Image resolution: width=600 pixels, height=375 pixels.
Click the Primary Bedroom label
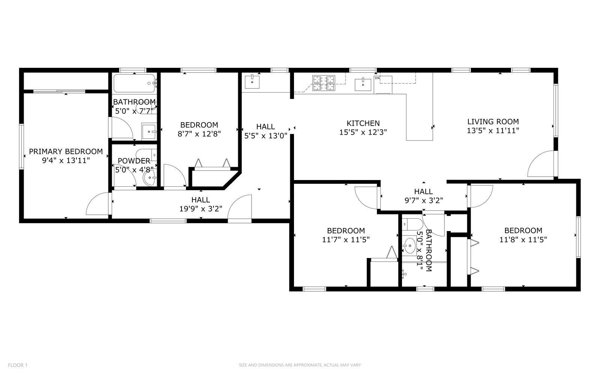point(66,151)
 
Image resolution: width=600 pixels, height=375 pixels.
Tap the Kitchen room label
point(363,123)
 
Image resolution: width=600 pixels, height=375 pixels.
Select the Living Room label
point(493,121)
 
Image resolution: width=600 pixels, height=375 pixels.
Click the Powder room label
point(134,161)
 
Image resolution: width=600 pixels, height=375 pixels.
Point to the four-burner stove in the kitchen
point(324,83)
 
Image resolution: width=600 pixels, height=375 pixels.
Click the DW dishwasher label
point(377,78)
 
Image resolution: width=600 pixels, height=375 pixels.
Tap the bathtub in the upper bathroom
point(135,83)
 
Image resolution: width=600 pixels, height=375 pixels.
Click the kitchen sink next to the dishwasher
point(363,84)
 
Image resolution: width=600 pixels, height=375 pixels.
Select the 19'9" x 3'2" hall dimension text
point(201,208)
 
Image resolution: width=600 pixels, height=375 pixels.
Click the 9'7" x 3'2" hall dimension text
point(424,200)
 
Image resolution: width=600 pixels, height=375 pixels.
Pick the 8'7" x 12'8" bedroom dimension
point(199,133)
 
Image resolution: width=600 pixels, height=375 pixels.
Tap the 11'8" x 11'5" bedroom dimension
point(523,240)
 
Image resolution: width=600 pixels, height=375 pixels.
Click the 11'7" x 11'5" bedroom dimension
point(346,240)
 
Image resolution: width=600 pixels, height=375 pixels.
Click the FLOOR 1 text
point(18,365)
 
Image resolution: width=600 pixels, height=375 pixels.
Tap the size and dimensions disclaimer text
point(300,365)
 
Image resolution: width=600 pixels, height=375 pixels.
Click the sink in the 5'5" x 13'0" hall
point(252,82)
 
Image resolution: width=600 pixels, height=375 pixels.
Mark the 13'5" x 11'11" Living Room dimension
point(493,131)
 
